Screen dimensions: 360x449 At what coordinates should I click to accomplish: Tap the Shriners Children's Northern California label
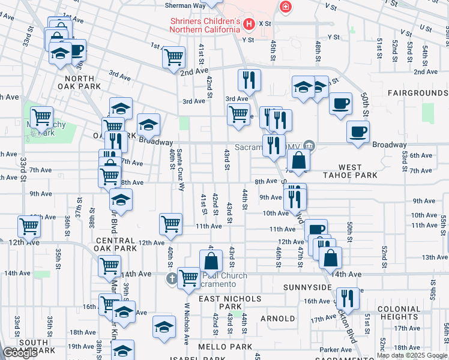[205, 25]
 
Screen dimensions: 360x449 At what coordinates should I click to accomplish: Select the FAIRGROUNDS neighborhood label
[418, 94]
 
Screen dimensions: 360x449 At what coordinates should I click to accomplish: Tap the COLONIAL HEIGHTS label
[391, 313]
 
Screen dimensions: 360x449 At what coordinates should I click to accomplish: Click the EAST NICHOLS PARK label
[231, 302]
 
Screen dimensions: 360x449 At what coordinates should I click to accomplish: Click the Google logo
[20, 353]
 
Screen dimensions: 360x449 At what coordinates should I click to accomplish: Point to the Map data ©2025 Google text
[412, 355]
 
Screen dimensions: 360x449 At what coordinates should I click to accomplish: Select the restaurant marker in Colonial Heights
[347, 298]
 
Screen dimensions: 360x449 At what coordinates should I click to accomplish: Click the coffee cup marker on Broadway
[358, 131]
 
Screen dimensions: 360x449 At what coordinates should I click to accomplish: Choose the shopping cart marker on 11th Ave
[171, 224]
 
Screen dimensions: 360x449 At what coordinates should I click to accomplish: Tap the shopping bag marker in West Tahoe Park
[298, 161]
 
